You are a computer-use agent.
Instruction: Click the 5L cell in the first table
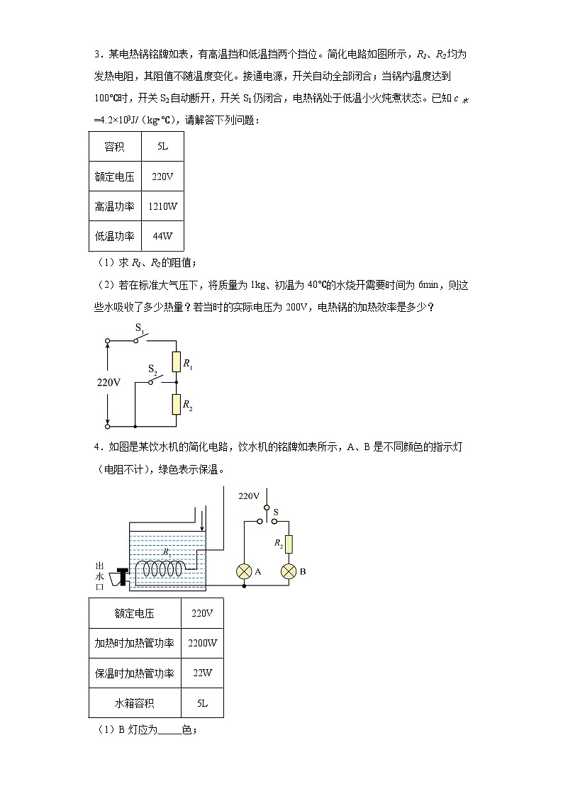tap(162, 147)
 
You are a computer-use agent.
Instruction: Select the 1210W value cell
tap(162, 206)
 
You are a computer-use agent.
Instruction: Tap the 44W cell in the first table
tap(162, 236)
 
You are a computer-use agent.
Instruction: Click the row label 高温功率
tap(114, 206)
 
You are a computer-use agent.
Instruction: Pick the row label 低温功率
tap(114, 236)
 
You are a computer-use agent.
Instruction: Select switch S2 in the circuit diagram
tap(157, 379)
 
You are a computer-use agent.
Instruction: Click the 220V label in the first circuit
tap(108, 382)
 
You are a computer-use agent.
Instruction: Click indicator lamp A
tap(244, 572)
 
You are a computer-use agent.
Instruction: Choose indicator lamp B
tap(288, 572)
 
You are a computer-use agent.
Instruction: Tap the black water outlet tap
tap(121, 578)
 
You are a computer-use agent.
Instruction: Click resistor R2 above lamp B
tap(288, 544)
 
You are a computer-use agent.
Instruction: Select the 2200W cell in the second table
tap(202, 643)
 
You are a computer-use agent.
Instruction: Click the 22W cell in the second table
tap(202, 673)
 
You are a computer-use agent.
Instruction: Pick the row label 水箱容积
tap(134, 703)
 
